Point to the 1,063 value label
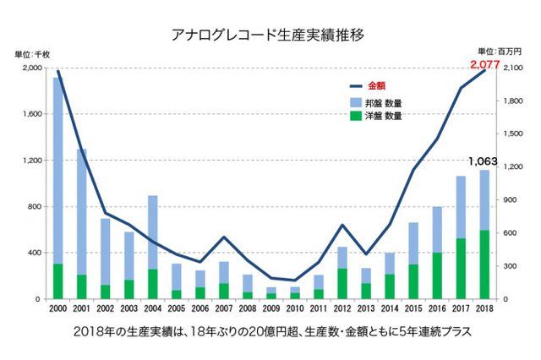click(x=482, y=161)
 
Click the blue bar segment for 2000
click(x=57, y=169)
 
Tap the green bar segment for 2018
click(x=484, y=265)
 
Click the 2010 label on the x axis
click(x=295, y=309)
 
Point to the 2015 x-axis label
click(x=413, y=309)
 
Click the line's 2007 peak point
click(x=223, y=237)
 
